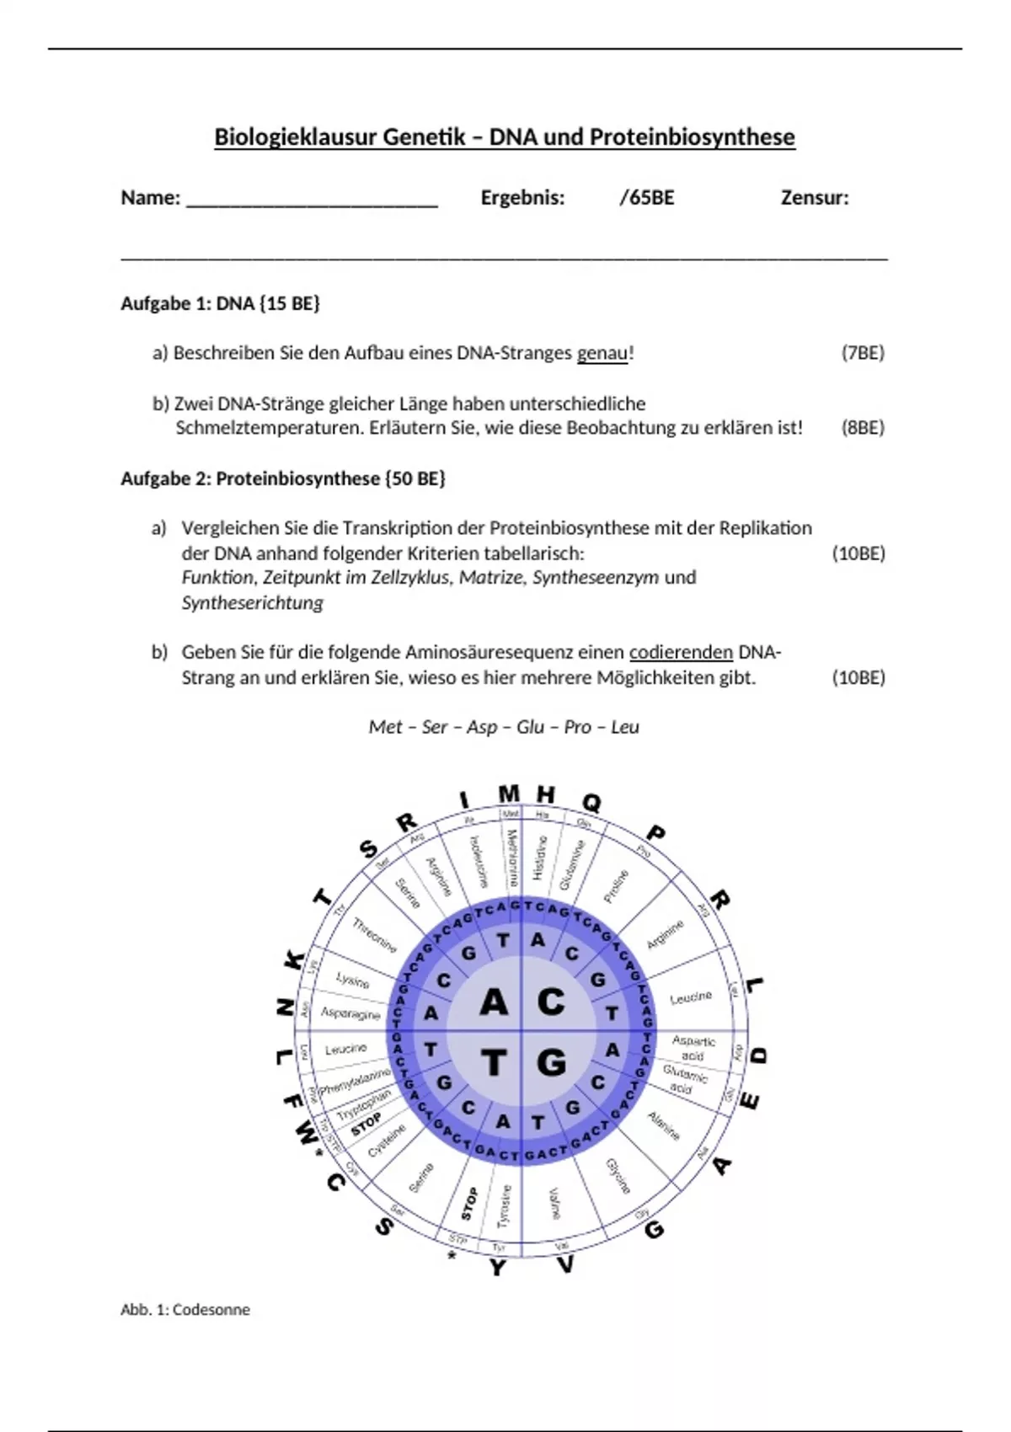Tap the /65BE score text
click(646, 198)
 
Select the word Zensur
click(813, 198)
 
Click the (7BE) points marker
click(863, 353)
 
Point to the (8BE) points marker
click(863, 428)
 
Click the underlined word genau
click(602, 354)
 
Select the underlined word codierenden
click(681, 653)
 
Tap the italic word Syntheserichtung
click(252, 603)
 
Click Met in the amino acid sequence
click(384, 727)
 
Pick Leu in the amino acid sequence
click(625, 727)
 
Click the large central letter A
click(494, 1002)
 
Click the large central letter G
click(551, 1063)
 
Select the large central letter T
click(494, 1063)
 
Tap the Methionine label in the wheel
click(511, 857)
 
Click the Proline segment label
click(616, 886)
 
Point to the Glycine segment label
click(618, 1176)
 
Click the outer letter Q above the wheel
click(591, 803)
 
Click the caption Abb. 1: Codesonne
click(185, 1310)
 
